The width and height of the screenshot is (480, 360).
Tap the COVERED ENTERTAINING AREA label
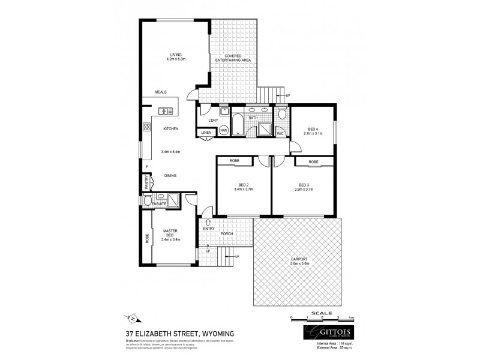[x=233, y=58]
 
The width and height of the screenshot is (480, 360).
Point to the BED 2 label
[x=243, y=187]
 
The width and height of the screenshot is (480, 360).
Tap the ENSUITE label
[x=159, y=204]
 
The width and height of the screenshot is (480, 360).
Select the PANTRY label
[x=146, y=181]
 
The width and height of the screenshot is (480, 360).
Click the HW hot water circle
[x=223, y=130]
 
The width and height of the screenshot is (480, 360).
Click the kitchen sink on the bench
[x=164, y=110]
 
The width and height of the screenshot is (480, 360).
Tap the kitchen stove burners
[x=146, y=127]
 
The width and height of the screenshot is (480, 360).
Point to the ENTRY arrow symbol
[x=208, y=222]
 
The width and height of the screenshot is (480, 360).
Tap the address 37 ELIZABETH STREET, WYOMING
[x=179, y=333]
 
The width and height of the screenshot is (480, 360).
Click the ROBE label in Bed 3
[x=313, y=162]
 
